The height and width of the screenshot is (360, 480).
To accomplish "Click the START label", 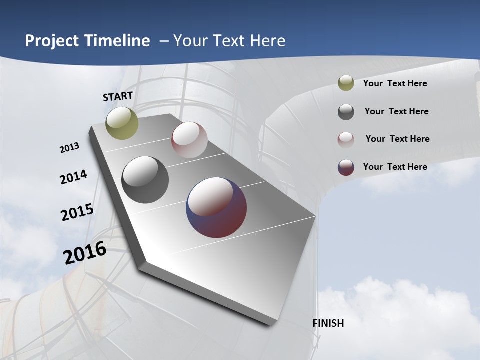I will coord(118,96).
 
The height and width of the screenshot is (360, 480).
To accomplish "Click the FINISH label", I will coord(328,323).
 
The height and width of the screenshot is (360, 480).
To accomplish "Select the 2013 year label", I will coord(69,148).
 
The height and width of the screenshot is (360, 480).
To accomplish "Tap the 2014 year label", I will coord(73,177).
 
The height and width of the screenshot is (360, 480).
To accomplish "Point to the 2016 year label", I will coord(85,253).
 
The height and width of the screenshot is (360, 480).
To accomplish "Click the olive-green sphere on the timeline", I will coord(122,123).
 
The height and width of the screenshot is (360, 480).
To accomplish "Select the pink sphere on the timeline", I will coord(189,139).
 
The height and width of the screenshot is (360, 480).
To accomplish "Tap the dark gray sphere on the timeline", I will coord(145,179).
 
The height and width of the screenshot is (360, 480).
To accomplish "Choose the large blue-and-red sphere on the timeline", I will coord(216,207).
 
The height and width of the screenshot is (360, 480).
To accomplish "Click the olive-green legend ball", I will coord(346,83).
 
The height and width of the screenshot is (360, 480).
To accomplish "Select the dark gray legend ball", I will coord(346,112).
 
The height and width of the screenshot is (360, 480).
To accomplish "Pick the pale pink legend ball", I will coord(346,139).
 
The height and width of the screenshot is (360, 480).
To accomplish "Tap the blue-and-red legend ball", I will coord(346,167).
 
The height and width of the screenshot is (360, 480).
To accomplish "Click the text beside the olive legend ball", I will coord(395,83).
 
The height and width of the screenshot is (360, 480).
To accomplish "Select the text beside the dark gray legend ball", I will coord(396,111).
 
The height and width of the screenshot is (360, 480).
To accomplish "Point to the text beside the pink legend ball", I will coord(397,139).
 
